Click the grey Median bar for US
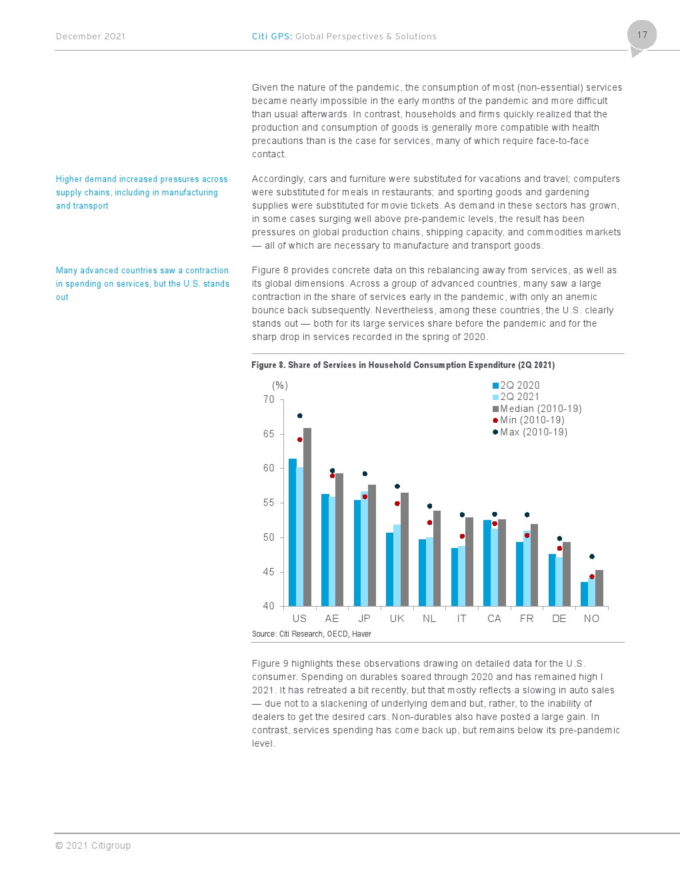tap(307, 517)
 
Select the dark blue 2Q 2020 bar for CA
tap(487, 563)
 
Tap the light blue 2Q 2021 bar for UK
tap(397, 565)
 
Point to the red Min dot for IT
tap(462, 536)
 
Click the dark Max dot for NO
tap(592, 557)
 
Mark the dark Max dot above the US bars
tap(300, 415)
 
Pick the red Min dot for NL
tap(430, 523)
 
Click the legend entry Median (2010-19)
tap(537, 408)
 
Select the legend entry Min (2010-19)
tap(529, 420)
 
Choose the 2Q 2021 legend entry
tap(516, 397)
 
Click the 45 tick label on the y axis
tap(269, 572)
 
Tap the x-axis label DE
tap(559, 619)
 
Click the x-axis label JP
tap(364, 619)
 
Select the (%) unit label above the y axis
tap(280, 385)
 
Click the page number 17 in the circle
tap(642, 35)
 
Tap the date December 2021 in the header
tap(90, 37)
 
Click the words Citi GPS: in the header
tap(272, 37)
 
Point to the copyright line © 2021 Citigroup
tap(93, 845)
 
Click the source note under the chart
tap(311, 634)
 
